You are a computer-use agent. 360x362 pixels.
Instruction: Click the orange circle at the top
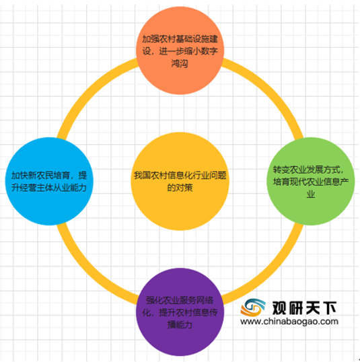pyautogui.click(x=180, y=50)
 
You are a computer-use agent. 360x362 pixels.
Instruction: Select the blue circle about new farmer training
pyautogui.click(x=49, y=181)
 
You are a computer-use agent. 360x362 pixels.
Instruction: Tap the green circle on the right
pyautogui.click(x=311, y=181)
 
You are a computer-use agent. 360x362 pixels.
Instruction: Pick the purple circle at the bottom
pyautogui.click(x=180, y=312)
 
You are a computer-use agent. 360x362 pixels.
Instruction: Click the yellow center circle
pyautogui.click(x=180, y=181)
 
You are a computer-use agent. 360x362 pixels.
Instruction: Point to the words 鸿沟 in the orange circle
pyautogui.click(x=180, y=63)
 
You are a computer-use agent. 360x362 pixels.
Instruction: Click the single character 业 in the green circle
pyautogui.click(x=311, y=194)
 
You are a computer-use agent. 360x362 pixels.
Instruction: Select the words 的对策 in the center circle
pyautogui.click(x=180, y=188)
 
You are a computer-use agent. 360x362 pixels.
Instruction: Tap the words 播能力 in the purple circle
pyautogui.click(x=180, y=325)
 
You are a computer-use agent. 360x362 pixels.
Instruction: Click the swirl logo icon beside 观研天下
pyautogui.click(x=253, y=307)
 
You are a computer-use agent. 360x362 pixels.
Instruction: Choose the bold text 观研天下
pyautogui.click(x=304, y=308)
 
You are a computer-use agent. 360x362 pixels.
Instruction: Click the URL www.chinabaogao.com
pyautogui.click(x=289, y=322)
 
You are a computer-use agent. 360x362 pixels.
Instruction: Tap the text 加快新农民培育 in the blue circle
pyautogui.click(x=40, y=176)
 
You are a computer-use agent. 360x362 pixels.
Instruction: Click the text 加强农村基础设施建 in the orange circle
pyautogui.click(x=180, y=39)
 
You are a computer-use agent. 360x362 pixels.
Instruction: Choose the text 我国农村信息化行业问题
pyautogui.click(x=180, y=176)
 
